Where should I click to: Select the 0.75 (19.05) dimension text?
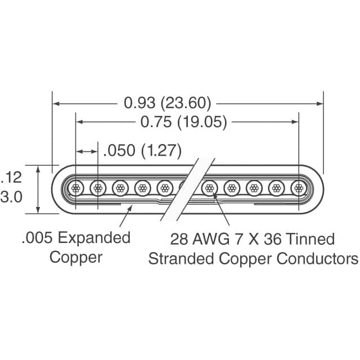(x=184, y=121)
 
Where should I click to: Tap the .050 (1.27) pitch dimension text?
(x=142, y=151)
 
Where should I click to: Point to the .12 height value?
(x=11, y=178)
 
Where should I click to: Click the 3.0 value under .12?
(x=11, y=197)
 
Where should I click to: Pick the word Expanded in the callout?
(x=94, y=238)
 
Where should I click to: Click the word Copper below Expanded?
(x=76, y=258)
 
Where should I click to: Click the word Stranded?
(x=181, y=259)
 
